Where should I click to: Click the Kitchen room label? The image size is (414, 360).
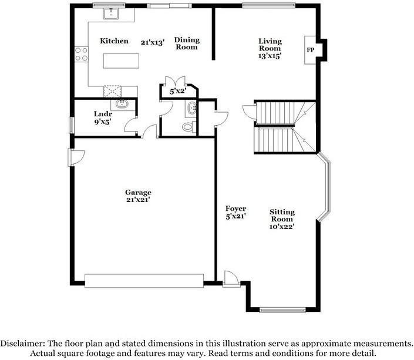[114, 41]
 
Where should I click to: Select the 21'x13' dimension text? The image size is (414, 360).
[152, 42]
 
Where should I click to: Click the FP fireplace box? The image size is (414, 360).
[310, 50]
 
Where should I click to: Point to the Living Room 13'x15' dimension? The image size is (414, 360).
[270, 56]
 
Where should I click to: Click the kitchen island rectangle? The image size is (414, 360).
[122, 61]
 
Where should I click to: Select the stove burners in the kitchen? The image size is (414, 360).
[81, 54]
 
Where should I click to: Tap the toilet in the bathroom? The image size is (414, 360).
[187, 126]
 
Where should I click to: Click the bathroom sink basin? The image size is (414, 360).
[193, 109]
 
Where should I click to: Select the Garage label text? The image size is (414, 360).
[138, 192]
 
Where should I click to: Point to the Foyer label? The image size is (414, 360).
[235, 208]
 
